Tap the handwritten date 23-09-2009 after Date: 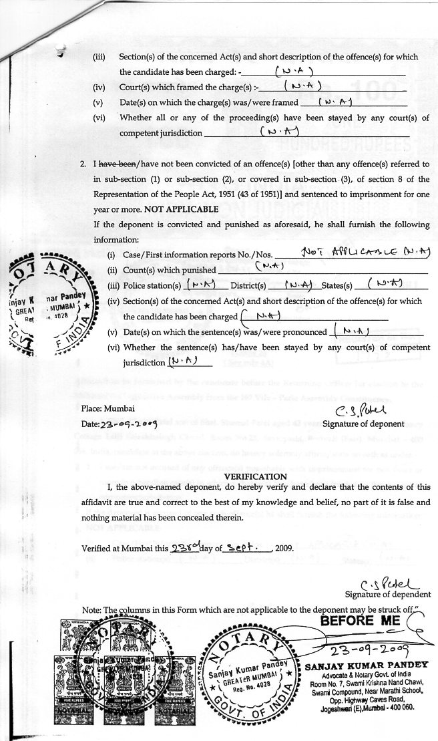(x=128, y=424)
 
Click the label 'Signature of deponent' (x=363, y=424)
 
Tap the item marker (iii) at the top (x=99, y=57)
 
